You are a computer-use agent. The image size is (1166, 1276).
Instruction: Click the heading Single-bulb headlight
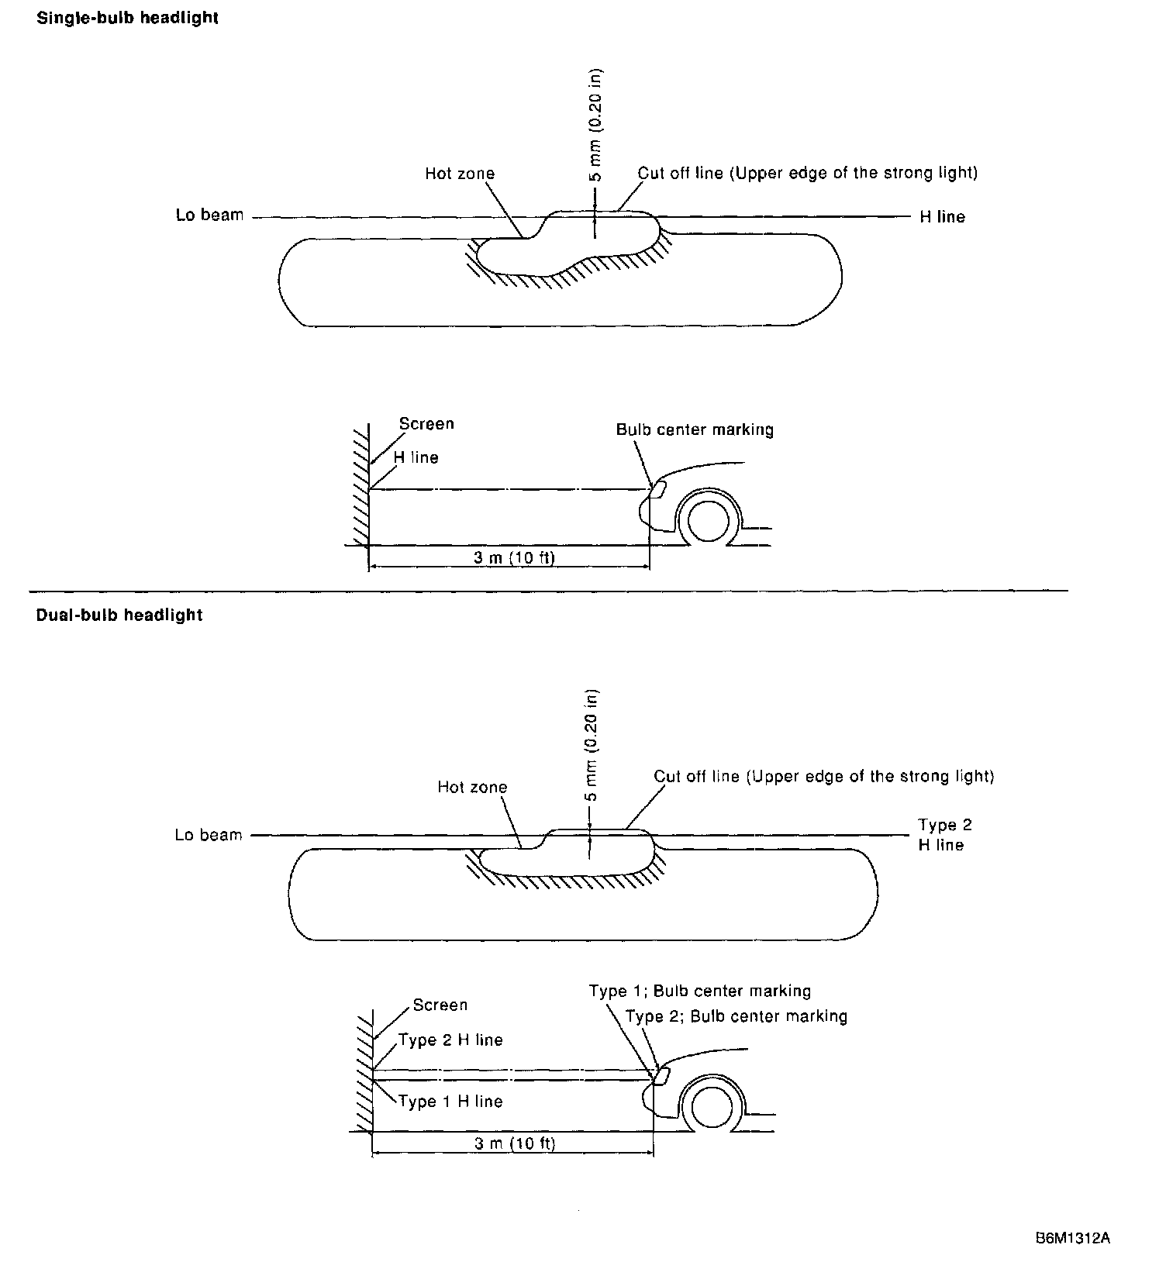(x=127, y=18)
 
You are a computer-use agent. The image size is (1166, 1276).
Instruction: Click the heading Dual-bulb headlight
(x=119, y=616)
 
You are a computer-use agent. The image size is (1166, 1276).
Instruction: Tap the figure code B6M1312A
(x=1073, y=1238)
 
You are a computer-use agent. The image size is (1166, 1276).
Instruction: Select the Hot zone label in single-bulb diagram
(x=459, y=174)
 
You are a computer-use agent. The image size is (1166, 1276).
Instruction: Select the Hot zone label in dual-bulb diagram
(x=471, y=788)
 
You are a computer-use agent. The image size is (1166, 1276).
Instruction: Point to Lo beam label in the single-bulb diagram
(x=209, y=216)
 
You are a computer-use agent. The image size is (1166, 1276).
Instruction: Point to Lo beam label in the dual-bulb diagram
(x=209, y=835)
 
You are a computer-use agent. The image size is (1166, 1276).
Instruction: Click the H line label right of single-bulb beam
(x=942, y=217)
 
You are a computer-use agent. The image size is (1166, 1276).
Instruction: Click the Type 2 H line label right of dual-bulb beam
(x=944, y=835)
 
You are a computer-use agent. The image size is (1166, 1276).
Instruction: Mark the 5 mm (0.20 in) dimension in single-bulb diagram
(x=595, y=126)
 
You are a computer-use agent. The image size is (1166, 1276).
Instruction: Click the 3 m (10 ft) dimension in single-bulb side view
(x=514, y=557)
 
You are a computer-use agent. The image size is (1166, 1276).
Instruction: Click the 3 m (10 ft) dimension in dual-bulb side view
(x=515, y=1143)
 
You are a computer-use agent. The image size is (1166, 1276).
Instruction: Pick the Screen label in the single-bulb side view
(x=426, y=424)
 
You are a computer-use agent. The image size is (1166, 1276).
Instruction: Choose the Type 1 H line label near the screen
(x=450, y=1102)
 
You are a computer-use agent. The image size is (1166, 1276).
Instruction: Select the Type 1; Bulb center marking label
(x=699, y=991)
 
